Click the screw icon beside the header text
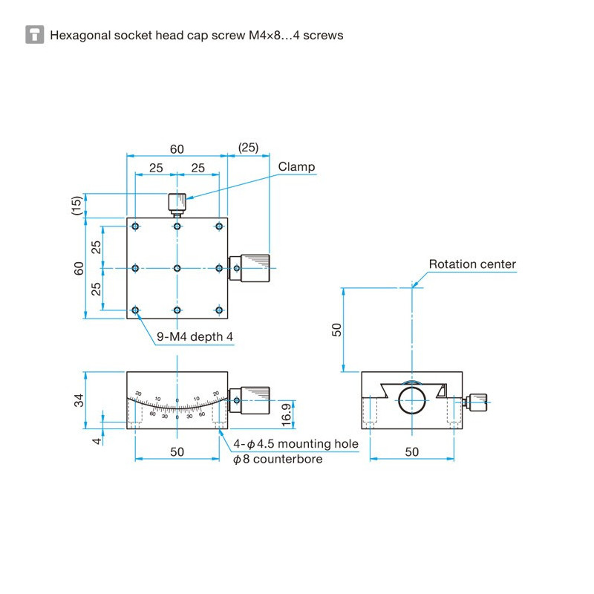(x=34, y=34)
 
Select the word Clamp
(x=296, y=167)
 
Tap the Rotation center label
(x=471, y=264)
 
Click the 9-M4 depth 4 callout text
(x=195, y=337)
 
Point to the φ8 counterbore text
(x=277, y=460)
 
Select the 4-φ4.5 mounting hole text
(x=296, y=444)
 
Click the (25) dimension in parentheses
(x=248, y=147)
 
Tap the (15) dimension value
(x=76, y=206)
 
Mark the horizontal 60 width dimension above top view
(x=177, y=148)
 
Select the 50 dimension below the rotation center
(x=336, y=330)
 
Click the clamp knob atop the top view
(x=177, y=201)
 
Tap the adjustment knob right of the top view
(x=251, y=268)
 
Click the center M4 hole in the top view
(x=177, y=268)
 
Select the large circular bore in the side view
(x=411, y=399)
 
